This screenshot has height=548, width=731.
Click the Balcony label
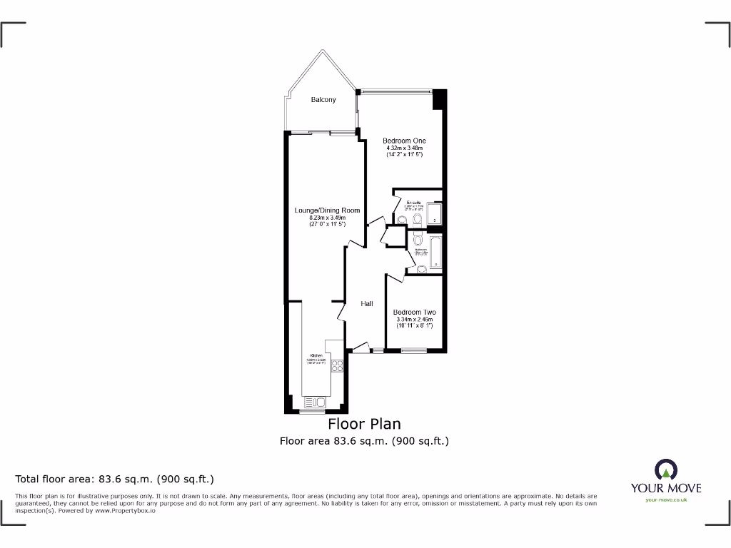click(x=323, y=100)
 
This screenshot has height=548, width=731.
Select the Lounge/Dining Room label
click(x=327, y=210)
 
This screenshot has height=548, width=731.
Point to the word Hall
click(x=366, y=304)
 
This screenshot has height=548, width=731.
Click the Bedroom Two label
click(x=414, y=313)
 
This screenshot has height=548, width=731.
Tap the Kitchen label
click(x=316, y=355)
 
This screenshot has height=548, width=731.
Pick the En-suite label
click(x=414, y=203)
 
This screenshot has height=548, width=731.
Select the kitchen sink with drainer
click(x=317, y=400)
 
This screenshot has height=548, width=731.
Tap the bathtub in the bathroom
click(x=435, y=253)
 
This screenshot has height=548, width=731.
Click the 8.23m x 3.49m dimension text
click(x=327, y=218)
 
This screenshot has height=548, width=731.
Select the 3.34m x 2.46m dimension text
click(x=414, y=320)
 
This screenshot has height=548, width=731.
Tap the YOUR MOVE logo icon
click(x=665, y=470)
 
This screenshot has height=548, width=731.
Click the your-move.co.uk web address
click(x=665, y=500)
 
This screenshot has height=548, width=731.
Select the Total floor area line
click(x=115, y=479)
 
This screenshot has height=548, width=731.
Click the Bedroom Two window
click(x=413, y=350)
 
